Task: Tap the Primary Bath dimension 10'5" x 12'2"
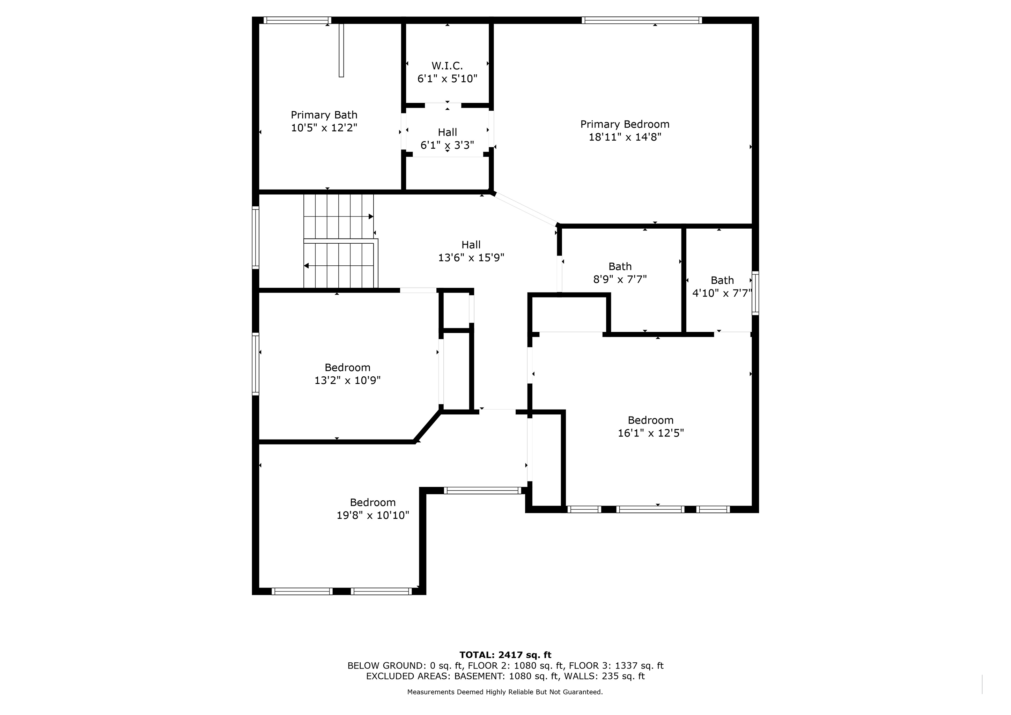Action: click(324, 128)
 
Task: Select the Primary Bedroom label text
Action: click(625, 125)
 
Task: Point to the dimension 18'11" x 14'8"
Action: click(625, 137)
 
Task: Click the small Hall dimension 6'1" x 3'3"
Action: click(448, 145)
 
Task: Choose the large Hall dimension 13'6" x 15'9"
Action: click(471, 258)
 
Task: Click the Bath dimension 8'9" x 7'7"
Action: click(620, 279)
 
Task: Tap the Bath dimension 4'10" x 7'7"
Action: click(722, 293)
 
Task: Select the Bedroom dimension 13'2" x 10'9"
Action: click(347, 381)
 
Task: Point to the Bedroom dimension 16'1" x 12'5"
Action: click(651, 433)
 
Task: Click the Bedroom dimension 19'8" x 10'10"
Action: click(373, 516)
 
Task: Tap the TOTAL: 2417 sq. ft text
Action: click(505, 655)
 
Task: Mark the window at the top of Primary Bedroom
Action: click(642, 20)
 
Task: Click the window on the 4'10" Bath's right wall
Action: click(755, 293)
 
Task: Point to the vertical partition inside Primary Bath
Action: click(341, 50)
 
